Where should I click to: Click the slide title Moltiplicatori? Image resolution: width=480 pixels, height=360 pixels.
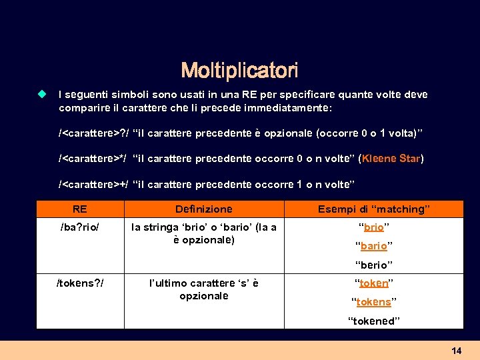[239, 70]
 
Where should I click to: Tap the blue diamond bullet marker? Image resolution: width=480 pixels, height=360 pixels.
[42, 95]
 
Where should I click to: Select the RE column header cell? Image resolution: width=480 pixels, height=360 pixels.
[80, 209]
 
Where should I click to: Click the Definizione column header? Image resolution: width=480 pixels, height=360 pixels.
[204, 209]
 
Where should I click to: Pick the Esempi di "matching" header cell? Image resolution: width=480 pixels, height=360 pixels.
[373, 209]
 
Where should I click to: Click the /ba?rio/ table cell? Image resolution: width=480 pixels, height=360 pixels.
[80, 227]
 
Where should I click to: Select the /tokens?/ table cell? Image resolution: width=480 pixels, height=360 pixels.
[80, 283]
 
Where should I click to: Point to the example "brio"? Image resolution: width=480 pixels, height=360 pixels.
[373, 227]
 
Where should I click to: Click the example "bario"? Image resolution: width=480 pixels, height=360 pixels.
[373, 246]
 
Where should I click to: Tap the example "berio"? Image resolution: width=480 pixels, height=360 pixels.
[373, 265]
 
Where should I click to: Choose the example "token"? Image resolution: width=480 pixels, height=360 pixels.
[373, 283]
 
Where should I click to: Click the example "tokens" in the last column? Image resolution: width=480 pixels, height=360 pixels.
[373, 302]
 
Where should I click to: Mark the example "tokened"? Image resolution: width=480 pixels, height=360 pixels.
[373, 321]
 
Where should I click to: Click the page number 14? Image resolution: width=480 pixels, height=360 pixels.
[457, 351]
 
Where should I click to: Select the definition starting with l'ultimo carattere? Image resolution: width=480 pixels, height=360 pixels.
[204, 289]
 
